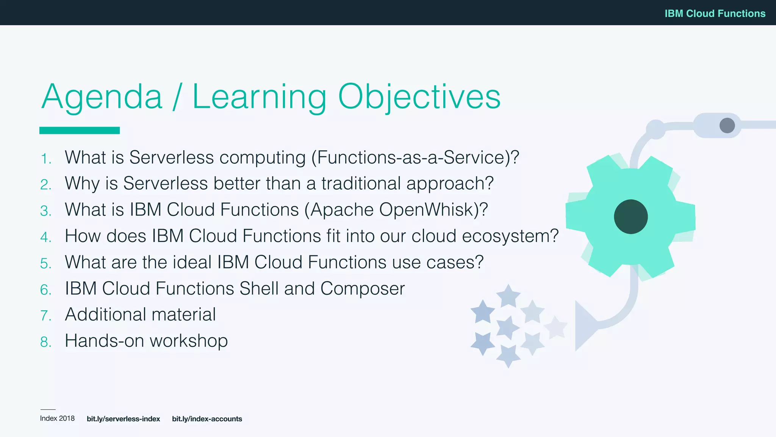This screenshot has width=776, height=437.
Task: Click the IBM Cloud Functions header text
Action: (715, 13)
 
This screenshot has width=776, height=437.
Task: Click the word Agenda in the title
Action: (102, 97)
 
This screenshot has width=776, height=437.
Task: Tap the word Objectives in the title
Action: (419, 97)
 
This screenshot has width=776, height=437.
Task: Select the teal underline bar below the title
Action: (80, 130)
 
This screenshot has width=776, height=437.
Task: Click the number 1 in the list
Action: (45, 159)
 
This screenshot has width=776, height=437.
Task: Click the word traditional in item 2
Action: (361, 183)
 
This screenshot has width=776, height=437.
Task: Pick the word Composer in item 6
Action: (362, 289)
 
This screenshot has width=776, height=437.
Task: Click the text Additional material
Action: (140, 314)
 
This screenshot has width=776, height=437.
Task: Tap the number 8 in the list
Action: (45, 342)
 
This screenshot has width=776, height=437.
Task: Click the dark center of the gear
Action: (630, 217)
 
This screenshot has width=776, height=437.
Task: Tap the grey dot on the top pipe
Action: (727, 125)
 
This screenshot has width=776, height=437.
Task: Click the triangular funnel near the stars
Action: (584, 325)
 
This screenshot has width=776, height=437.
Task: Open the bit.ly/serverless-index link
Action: (123, 419)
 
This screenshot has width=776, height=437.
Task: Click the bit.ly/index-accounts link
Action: (207, 419)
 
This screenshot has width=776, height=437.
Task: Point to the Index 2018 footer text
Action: (57, 418)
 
